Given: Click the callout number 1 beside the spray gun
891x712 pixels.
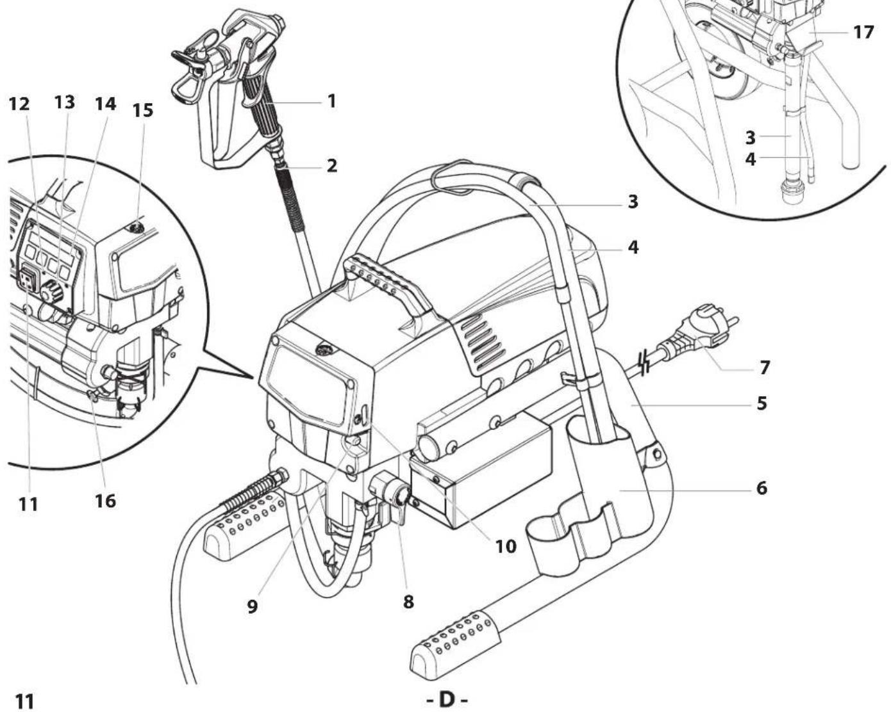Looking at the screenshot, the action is pos(331,101).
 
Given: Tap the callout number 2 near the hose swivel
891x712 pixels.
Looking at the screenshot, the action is pos(331,166).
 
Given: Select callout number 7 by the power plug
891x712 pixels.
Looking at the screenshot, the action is pos(765,368).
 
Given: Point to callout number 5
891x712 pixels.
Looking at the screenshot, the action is pos(762,403).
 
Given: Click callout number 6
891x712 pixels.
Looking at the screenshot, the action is pos(762,488).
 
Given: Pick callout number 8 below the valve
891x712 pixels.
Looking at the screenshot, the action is pos(408,601).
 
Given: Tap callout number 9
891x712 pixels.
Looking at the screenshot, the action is pos(252,606).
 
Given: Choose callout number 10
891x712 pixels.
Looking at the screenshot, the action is pos(506,547).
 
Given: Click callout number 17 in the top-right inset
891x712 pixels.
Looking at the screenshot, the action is pos(863,32).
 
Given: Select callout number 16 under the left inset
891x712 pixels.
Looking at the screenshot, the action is pos(106,501).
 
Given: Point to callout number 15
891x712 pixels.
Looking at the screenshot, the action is pos(142,110).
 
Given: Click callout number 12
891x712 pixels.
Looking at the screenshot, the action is pos(19,104).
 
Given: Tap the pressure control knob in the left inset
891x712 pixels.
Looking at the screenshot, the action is pos(51,291).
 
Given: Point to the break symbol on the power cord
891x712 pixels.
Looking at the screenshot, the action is pos(645,362).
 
